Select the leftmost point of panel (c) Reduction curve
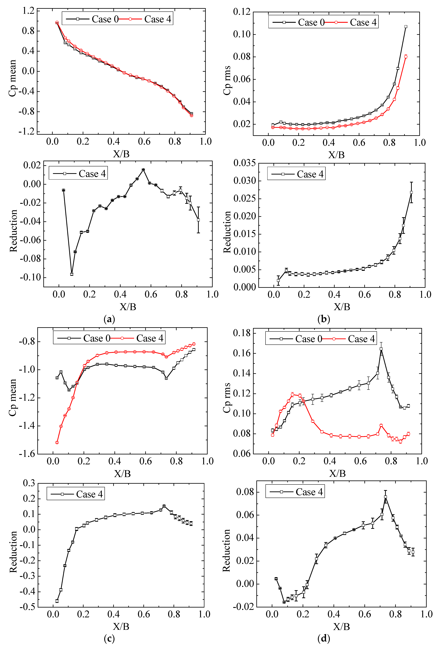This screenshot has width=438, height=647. pos(57,601)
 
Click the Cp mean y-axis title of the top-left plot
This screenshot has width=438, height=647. pos(13,78)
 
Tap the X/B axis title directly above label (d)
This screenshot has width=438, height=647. pos(341,626)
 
